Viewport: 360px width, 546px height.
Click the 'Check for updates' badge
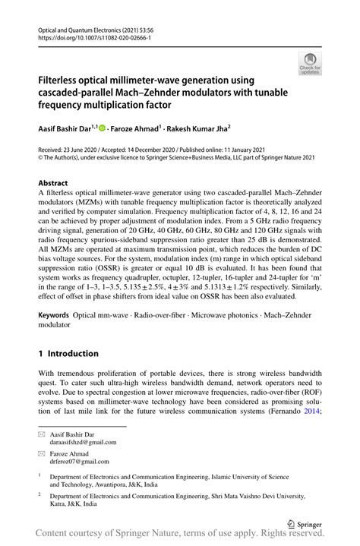[x=309, y=64]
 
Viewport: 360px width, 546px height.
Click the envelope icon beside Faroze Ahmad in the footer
[x=43, y=451]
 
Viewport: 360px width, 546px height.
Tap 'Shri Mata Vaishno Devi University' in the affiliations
[x=275, y=494]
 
